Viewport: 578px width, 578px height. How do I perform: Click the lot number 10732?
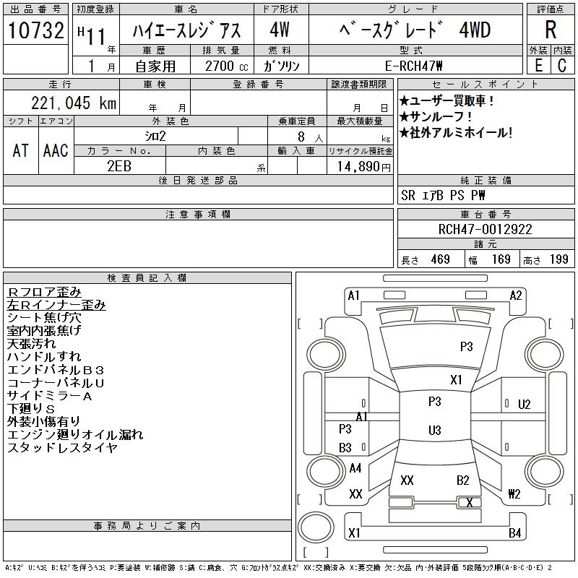coord(35,30)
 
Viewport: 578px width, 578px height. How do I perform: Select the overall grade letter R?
coord(551,30)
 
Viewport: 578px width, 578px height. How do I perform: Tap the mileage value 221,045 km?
coord(74,103)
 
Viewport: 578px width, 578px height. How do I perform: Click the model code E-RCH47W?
coord(413,66)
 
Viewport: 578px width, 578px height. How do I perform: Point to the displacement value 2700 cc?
coord(226,66)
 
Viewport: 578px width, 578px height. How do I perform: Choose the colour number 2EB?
coord(119,166)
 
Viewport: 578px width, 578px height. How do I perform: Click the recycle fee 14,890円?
coord(363,167)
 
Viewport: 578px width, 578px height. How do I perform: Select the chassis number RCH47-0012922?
coord(485,229)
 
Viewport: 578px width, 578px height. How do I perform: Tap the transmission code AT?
coord(20,150)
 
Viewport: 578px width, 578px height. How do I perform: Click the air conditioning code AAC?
coord(56,150)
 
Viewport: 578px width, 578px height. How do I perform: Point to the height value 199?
coord(558,259)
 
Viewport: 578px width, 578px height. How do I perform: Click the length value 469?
coord(440,259)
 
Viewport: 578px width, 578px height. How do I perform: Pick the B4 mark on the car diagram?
coord(514,532)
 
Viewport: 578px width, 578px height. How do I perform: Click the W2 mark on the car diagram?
coord(514,493)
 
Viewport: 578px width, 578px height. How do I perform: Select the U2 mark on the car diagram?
coord(525,405)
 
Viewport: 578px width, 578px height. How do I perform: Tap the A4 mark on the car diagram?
coord(355,468)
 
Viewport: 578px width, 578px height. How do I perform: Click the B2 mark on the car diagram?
coord(462,480)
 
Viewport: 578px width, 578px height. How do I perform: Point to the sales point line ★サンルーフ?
coord(436,117)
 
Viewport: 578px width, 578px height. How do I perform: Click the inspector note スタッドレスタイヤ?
coord(62,447)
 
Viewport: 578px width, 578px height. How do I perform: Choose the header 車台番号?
coord(486,214)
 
